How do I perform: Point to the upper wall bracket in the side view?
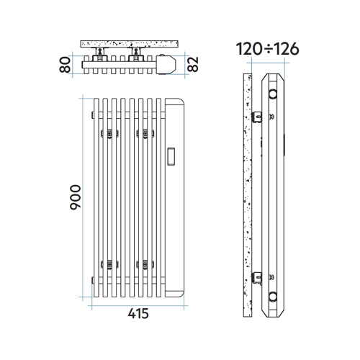(259, 115)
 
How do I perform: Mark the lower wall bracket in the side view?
(259, 275)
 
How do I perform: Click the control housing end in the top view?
(167, 64)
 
